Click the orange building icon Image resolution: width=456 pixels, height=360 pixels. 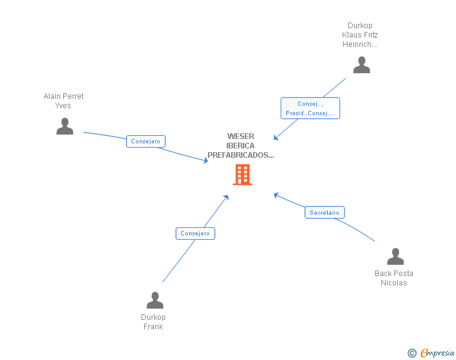(242, 175)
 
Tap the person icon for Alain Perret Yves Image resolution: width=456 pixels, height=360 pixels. (65, 126)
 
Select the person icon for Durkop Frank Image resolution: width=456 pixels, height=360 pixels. (155, 300)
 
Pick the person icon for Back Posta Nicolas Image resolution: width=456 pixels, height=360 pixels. (395, 257)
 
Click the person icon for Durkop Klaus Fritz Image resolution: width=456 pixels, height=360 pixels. (361, 65)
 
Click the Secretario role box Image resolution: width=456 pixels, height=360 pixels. (324, 212)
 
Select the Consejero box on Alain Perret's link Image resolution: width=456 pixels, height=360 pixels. (146, 141)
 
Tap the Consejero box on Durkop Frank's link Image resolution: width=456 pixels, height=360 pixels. (195, 234)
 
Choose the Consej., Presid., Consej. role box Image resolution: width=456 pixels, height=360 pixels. (310, 108)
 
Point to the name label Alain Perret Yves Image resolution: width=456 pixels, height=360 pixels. (63, 101)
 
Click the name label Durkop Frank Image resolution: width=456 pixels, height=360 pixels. (153, 322)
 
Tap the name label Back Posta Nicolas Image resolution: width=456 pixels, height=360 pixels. (394, 278)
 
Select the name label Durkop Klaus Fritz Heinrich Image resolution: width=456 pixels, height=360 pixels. (360, 35)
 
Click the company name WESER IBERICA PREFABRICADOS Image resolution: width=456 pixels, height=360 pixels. (241, 146)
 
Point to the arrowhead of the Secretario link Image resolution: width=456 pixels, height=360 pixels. (276, 195)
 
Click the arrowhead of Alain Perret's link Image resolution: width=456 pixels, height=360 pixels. (205, 160)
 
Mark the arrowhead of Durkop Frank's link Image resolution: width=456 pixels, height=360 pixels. (226, 197)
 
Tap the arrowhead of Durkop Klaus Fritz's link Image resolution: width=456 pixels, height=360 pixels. (276, 137)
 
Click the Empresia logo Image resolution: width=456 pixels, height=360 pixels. (437, 352)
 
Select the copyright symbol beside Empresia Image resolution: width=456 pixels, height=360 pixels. (412, 353)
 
